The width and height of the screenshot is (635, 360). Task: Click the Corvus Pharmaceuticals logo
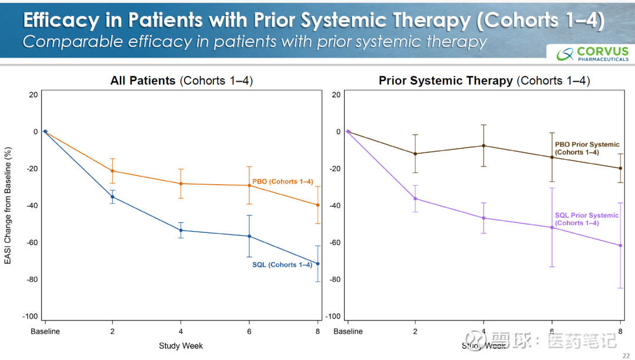[593, 54]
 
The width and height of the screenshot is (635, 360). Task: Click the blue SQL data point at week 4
[181, 230]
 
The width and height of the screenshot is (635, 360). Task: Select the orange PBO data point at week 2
[112, 171]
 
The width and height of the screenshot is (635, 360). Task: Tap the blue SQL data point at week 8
[318, 264]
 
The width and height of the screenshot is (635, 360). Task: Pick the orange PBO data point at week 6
[249, 185]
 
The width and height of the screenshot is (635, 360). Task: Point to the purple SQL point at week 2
[415, 198]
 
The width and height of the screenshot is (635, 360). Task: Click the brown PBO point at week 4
[484, 146]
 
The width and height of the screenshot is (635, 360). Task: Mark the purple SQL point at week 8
[620, 245]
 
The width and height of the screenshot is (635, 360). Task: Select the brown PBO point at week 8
[620, 168]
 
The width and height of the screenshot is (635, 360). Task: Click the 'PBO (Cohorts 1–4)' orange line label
[282, 182]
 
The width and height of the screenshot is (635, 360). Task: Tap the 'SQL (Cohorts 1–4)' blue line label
[282, 265]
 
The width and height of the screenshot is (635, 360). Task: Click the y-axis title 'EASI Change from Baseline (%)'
[8, 205]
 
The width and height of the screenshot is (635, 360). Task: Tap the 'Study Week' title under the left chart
[181, 346]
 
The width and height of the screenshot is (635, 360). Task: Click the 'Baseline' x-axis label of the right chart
[348, 332]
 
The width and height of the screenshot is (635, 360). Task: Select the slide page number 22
[626, 355]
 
